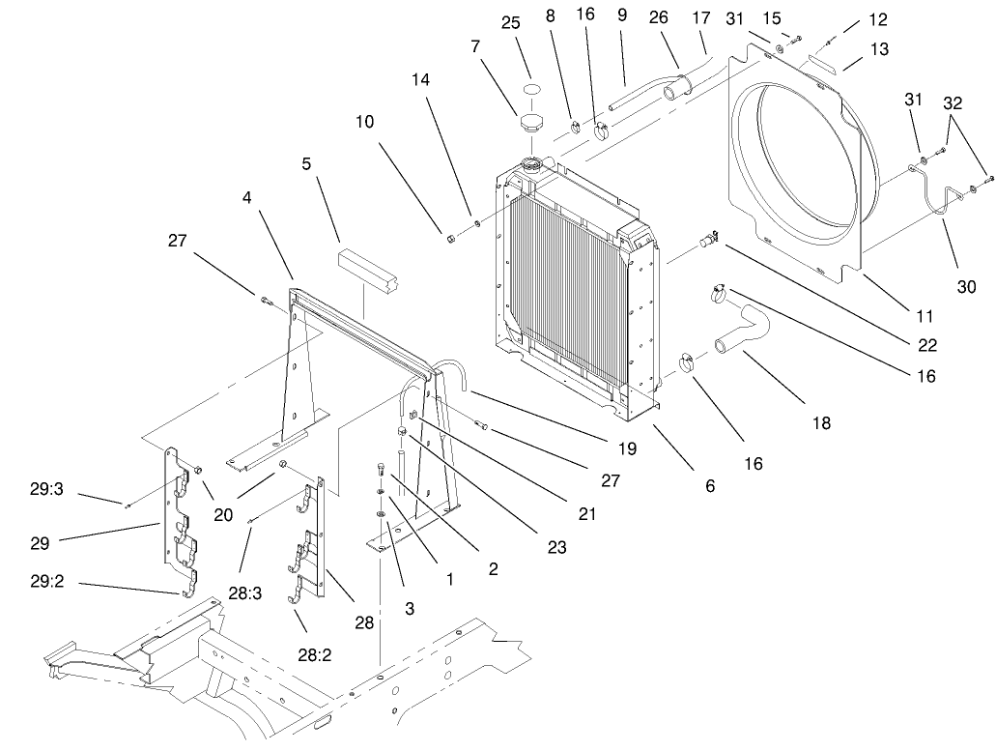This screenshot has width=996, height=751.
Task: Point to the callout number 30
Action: pyautogui.click(x=967, y=287)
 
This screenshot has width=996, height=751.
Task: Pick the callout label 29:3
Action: pyautogui.click(x=46, y=490)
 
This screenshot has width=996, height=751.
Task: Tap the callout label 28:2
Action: pyautogui.click(x=315, y=656)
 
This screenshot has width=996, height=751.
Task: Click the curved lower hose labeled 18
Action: pyautogui.click(x=744, y=331)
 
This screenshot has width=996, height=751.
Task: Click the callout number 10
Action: pyautogui.click(x=364, y=123)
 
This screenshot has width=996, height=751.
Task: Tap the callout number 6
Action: pyautogui.click(x=710, y=486)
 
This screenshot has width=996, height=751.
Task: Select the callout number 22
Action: pyautogui.click(x=928, y=345)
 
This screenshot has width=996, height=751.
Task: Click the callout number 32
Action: pyautogui.click(x=953, y=101)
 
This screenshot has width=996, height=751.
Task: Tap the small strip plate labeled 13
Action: pyautogui.click(x=825, y=61)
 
